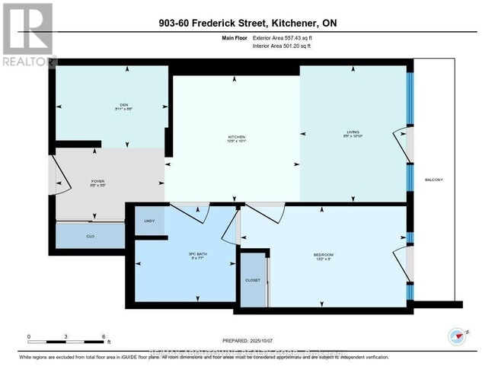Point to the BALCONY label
point(434,180)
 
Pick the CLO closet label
point(90,237)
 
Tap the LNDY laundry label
point(148,221)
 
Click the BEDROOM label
point(323,254)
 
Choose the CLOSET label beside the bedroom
point(253,280)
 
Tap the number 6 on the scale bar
point(104,336)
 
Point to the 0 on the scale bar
point(29,336)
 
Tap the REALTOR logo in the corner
point(28,34)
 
